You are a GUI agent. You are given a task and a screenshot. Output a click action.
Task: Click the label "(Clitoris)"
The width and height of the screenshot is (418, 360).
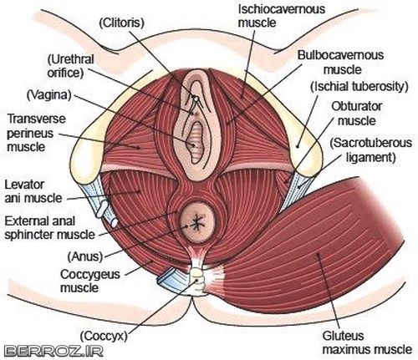[x=122, y=23]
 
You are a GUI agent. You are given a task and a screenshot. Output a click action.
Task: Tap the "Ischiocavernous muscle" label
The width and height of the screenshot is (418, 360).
[x=282, y=16]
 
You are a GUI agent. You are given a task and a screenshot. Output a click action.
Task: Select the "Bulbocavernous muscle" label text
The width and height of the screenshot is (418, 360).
[x=340, y=62]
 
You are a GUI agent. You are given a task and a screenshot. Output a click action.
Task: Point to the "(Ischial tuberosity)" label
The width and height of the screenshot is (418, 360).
[x=359, y=86]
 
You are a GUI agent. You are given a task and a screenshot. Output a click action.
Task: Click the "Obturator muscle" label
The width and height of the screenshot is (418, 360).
[x=356, y=114]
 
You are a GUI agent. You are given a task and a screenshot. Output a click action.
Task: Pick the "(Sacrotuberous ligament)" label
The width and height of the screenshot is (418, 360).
[x=370, y=150]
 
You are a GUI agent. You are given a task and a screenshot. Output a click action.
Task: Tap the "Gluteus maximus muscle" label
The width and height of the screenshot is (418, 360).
[x=367, y=342]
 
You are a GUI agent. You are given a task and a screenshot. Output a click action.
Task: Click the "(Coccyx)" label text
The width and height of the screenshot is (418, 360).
[x=104, y=336]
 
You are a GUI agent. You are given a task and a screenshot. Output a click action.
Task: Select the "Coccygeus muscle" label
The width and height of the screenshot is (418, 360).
[x=90, y=281]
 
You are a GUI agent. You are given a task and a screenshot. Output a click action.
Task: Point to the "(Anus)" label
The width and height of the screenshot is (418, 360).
[x=85, y=256]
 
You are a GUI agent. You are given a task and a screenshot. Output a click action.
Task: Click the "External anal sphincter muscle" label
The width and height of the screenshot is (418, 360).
[x=50, y=228]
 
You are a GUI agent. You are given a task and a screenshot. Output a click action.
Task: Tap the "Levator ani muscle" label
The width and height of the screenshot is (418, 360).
[x=33, y=191]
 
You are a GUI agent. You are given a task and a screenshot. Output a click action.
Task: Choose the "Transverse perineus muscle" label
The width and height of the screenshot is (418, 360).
[x=36, y=133]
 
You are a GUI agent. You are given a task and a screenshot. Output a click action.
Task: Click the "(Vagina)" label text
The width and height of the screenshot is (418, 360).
[x=49, y=95]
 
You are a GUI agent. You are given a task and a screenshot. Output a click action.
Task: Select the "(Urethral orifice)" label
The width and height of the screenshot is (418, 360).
[x=71, y=66]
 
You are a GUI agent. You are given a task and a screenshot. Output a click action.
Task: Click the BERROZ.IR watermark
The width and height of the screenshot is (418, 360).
[x=54, y=351]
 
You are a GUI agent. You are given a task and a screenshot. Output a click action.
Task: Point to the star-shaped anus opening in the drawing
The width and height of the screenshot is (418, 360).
[x=197, y=222]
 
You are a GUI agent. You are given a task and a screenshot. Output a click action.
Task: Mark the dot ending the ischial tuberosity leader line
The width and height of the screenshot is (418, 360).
[x=298, y=145]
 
